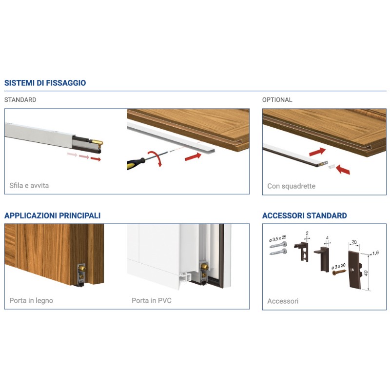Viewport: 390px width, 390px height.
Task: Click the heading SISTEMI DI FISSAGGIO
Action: (x=45, y=83)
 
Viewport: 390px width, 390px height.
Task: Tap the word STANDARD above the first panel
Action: (x=20, y=100)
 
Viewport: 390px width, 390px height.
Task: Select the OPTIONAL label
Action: (x=277, y=100)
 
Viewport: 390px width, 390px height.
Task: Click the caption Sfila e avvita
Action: (x=29, y=186)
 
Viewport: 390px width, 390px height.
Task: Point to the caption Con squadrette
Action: (x=291, y=186)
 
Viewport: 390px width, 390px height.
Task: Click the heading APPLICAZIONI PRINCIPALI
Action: (x=53, y=215)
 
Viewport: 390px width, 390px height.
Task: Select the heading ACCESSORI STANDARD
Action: (x=304, y=215)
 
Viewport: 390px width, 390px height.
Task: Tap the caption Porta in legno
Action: (x=31, y=300)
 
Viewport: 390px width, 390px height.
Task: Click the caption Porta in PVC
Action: (x=152, y=300)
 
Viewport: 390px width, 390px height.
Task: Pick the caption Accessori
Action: (x=283, y=301)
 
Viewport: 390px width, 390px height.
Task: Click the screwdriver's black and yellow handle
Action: (x=136, y=163)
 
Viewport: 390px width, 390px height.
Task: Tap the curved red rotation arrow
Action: (x=156, y=158)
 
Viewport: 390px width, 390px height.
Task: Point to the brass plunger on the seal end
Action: (x=98, y=143)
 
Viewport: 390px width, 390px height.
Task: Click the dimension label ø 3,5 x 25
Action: (x=277, y=238)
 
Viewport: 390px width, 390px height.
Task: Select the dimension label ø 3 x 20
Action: (x=338, y=267)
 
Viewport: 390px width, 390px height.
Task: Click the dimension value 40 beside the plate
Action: (x=366, y=273)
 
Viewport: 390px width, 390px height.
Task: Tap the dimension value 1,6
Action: (x=375, y=253)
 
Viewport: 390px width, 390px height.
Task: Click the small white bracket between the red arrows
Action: (x=331, y=166)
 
